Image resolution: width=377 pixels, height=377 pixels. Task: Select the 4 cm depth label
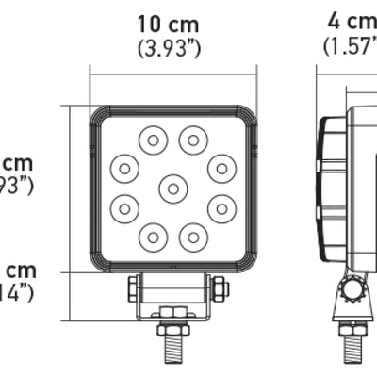pos(351,20)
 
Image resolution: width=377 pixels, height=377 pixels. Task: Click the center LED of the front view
pos(172,188)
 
